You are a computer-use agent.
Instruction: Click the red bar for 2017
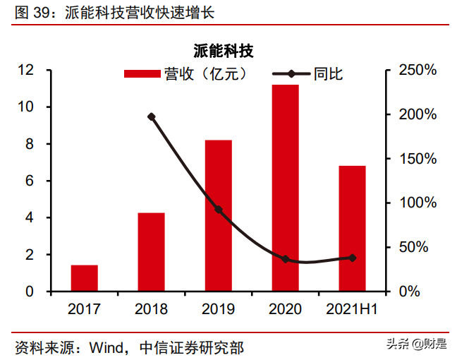[85, 278]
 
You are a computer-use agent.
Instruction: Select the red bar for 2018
[151, 252]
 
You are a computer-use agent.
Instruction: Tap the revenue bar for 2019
[218, 215]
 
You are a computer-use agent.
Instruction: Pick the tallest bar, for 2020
[285, 188]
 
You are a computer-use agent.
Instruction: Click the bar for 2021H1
[352, 228]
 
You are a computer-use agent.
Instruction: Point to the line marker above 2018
[151, 117]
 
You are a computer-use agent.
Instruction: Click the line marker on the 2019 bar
[218, 210]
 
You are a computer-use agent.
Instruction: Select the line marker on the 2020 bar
[285, 259]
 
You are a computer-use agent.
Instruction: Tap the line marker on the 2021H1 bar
[352, 258]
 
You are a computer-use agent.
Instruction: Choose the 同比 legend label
[328, 74]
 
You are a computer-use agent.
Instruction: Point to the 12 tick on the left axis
[26, 71]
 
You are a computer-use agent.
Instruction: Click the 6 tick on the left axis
[30, 181]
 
